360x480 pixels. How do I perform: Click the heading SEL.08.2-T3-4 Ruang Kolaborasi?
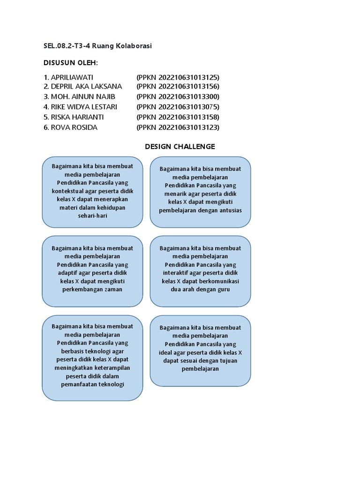pyautogui.click(x=97, y=46)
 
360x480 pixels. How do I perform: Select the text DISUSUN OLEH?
pyautogui.click(x=74, y=63)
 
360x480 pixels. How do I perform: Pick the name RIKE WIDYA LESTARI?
pyautogui.click(x=84, y=107)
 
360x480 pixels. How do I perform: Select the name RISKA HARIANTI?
pyautogui.click(x=77, y=117)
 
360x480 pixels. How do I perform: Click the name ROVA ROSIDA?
pyautogui.click(x=74, y=127)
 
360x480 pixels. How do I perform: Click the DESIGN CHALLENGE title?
pyautogui.click(x=180, y=146)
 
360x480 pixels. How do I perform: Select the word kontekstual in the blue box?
pyautogui.click(x=67, y=191)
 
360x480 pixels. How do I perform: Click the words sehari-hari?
pyautogui.click(x=92, y=216)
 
